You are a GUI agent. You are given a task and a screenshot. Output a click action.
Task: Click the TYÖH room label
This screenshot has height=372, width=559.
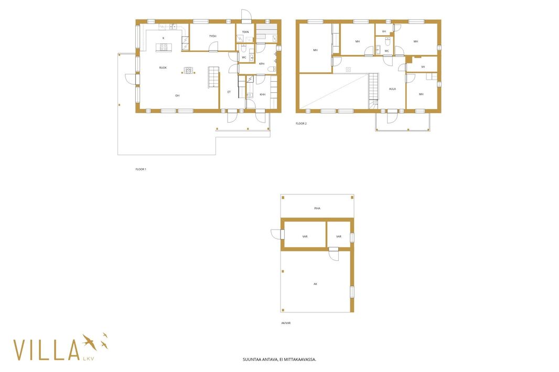[x=212, y=36]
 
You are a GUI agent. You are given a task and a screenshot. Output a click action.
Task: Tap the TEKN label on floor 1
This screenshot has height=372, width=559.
[x=245, y=32]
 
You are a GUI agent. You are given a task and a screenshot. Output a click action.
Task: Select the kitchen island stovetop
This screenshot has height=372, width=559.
[x=164, y=47]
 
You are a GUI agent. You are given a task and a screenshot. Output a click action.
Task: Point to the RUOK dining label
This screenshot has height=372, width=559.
[x=163, y=68]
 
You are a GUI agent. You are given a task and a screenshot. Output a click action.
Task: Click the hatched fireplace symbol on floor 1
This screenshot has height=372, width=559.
[x=189, y=70]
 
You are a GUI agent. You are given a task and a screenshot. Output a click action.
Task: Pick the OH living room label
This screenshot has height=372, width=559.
[x=177, y=95]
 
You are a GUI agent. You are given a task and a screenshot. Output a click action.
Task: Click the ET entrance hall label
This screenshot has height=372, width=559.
[x=229, y=92]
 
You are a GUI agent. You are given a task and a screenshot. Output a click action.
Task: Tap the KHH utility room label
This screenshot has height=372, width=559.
[x=262, y=94]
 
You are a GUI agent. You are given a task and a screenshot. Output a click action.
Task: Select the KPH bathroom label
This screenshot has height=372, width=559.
[x=262, y=64]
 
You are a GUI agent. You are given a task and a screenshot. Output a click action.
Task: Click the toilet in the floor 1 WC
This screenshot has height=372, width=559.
[x=244, y=48]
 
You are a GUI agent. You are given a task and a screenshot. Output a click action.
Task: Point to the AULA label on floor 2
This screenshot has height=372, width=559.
[x=392, y=89]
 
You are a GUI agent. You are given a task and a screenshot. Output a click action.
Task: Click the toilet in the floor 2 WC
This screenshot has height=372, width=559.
[x=388, y=41]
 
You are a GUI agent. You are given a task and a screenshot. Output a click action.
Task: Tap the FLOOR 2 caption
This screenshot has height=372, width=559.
[x=301, y=124]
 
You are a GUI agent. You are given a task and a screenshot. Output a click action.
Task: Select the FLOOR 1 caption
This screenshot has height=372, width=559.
[x=141, y=169]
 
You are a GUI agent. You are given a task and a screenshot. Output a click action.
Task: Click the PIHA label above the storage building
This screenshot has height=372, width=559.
[x=317, y=209]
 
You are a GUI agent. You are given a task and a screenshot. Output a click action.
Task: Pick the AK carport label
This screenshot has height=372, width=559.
[x=315, y=284]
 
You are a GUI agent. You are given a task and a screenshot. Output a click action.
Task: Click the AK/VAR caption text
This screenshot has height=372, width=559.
[x=286, y=323]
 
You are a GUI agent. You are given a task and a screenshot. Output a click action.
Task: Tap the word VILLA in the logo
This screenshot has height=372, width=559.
[x=46, y=350]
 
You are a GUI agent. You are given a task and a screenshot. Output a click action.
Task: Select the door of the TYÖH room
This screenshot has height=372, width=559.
[x=213, y=47]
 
